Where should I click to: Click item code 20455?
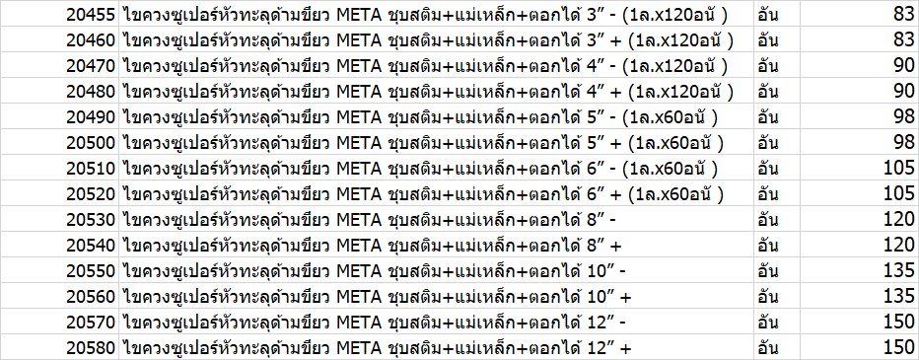point(91,15)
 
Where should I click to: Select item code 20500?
point(91,142)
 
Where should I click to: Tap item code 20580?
point(91,348)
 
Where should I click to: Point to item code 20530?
point(91,219)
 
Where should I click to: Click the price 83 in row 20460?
point(904,39)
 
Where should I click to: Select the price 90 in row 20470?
point(904,66)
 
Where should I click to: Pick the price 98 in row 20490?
point(904,116)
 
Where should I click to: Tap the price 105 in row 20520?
point(899,193)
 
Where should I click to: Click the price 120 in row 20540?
point(899,245)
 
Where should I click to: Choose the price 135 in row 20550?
point(899,271)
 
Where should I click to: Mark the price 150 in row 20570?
point(899,322)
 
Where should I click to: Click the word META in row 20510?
point(359,169)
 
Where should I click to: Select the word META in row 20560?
point(359,297)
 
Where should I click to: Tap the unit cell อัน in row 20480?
point(768,92)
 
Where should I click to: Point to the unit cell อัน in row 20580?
point(768,348)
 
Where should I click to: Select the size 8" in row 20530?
point(595,219)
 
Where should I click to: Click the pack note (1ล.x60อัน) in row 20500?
point(675,142)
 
